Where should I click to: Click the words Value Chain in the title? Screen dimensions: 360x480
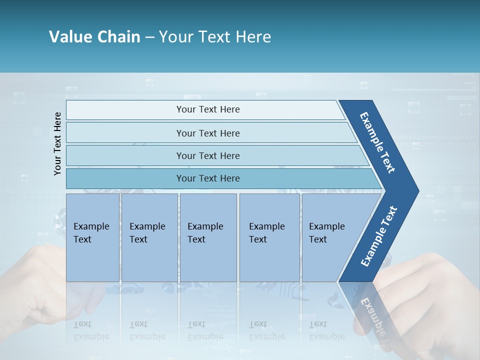click(94, 37)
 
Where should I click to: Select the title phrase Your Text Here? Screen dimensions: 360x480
click(215, 37)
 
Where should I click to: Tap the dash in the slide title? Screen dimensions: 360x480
click(149, 37)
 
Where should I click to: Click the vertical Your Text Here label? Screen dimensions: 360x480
click(57, 144)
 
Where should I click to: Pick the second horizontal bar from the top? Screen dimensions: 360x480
click(207, 133)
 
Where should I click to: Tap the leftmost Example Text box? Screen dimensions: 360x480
click(92, 237)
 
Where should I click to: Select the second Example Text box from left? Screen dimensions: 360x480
click(149, 237)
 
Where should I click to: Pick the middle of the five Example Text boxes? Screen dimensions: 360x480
click(208, 237)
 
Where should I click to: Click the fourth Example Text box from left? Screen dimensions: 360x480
click(269, 237)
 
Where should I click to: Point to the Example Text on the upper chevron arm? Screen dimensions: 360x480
click(377, 142)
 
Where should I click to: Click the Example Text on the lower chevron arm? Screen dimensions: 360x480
click(379, 236)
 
